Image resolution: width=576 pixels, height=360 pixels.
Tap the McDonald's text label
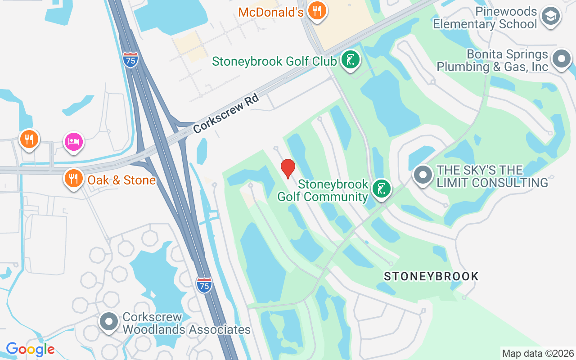[x=271, y=12]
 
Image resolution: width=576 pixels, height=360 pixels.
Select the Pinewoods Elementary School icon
[x=549, y=17]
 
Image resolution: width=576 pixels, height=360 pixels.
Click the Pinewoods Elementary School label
[x=485, y=18]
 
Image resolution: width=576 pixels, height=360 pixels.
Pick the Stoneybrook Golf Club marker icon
[x=350, y=59]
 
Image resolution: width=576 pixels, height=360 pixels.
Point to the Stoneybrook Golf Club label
[x=274, y=61]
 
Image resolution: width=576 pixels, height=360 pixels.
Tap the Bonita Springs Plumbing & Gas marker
[x=561, y=59]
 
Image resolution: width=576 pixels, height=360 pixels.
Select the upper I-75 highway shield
[x=130, y=59]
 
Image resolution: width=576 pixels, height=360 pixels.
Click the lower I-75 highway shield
[x=204, y=285]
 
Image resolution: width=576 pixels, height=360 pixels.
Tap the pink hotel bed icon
[x=73, y=142]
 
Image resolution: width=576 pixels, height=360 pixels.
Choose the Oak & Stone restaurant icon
[x=73, y=178]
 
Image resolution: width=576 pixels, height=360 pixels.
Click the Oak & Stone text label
[x=121, y=180]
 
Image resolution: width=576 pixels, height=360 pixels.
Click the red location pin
[x=288, y=168]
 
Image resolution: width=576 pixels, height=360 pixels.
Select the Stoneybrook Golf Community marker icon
[x=381, y=189]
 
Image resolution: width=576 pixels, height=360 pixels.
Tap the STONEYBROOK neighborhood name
[x=431, y=276]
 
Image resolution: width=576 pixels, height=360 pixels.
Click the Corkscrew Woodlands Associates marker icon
[x=109, y=322]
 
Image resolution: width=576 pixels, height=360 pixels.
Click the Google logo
[x=30, y=349]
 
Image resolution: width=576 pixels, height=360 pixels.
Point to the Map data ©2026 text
[x=538, y=353]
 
